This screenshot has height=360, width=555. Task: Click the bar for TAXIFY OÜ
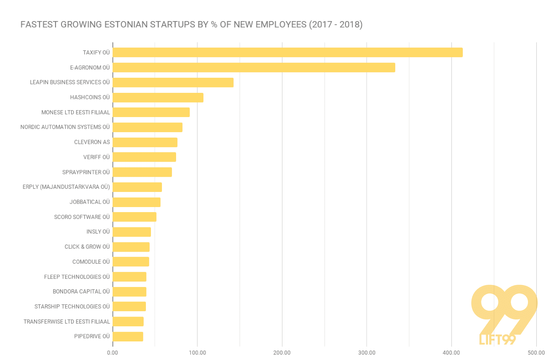tap(287, 53)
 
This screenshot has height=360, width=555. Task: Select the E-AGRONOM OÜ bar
tap(254, 68)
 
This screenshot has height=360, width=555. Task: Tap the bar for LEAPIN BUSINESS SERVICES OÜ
tap(173, 82)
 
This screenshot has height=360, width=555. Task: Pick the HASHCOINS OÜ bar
tap(158, 98)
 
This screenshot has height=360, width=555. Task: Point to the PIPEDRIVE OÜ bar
tap(128, 337)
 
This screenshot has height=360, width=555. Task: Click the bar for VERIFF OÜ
tap(144, 157)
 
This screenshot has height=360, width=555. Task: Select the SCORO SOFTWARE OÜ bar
tap(135, 217)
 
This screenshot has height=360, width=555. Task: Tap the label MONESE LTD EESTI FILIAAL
tap(75, 112)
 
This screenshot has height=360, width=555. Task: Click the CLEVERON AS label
tap(92, 142)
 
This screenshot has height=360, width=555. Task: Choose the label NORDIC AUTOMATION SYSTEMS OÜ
tap(65, 127)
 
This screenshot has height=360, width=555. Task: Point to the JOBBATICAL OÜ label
tap(90, 202)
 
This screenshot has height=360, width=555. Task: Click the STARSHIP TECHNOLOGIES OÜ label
tap(72, 307)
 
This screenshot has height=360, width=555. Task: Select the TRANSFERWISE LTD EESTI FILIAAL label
tap(67, 322)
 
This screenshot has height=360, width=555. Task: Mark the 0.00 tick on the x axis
tap(113, 353)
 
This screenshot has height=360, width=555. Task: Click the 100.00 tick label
tap(197, 353)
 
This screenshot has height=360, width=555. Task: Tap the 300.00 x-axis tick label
tap(367, 353)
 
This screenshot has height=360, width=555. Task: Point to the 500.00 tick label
tap(536, 353)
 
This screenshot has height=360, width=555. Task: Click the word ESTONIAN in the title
tap(126, 25)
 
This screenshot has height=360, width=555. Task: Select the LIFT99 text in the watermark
tap(497, 340)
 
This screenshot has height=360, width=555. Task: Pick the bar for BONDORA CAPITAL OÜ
tap(130, 292)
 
